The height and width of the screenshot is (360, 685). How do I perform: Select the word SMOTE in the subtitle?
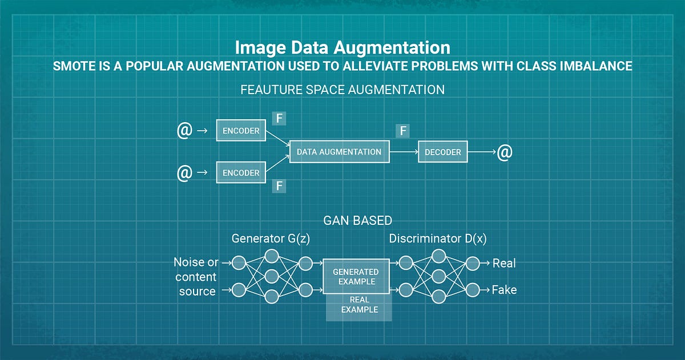[73, 66]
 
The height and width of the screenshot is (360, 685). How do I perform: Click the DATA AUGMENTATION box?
[339, 152]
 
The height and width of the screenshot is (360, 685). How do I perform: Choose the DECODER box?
[443, 152]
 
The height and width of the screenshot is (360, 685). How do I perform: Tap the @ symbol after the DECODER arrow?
[504, 152]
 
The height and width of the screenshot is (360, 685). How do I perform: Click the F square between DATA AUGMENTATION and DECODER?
[403, 131]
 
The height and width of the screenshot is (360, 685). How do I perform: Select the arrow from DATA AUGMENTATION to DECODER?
[403, 152]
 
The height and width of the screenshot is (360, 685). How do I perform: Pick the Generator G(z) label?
[271, 239]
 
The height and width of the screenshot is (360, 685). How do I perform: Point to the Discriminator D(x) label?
[438, 239]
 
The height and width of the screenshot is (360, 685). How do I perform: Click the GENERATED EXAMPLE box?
[357, 276]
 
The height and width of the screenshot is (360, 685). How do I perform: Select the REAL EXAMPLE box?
[359, 305]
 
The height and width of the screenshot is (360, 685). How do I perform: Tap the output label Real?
[504, 263]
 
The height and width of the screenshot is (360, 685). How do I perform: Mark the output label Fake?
[504, 290]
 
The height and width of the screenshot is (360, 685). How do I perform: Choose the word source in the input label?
[197, 291]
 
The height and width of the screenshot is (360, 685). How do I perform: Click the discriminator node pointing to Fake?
[472, 290]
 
